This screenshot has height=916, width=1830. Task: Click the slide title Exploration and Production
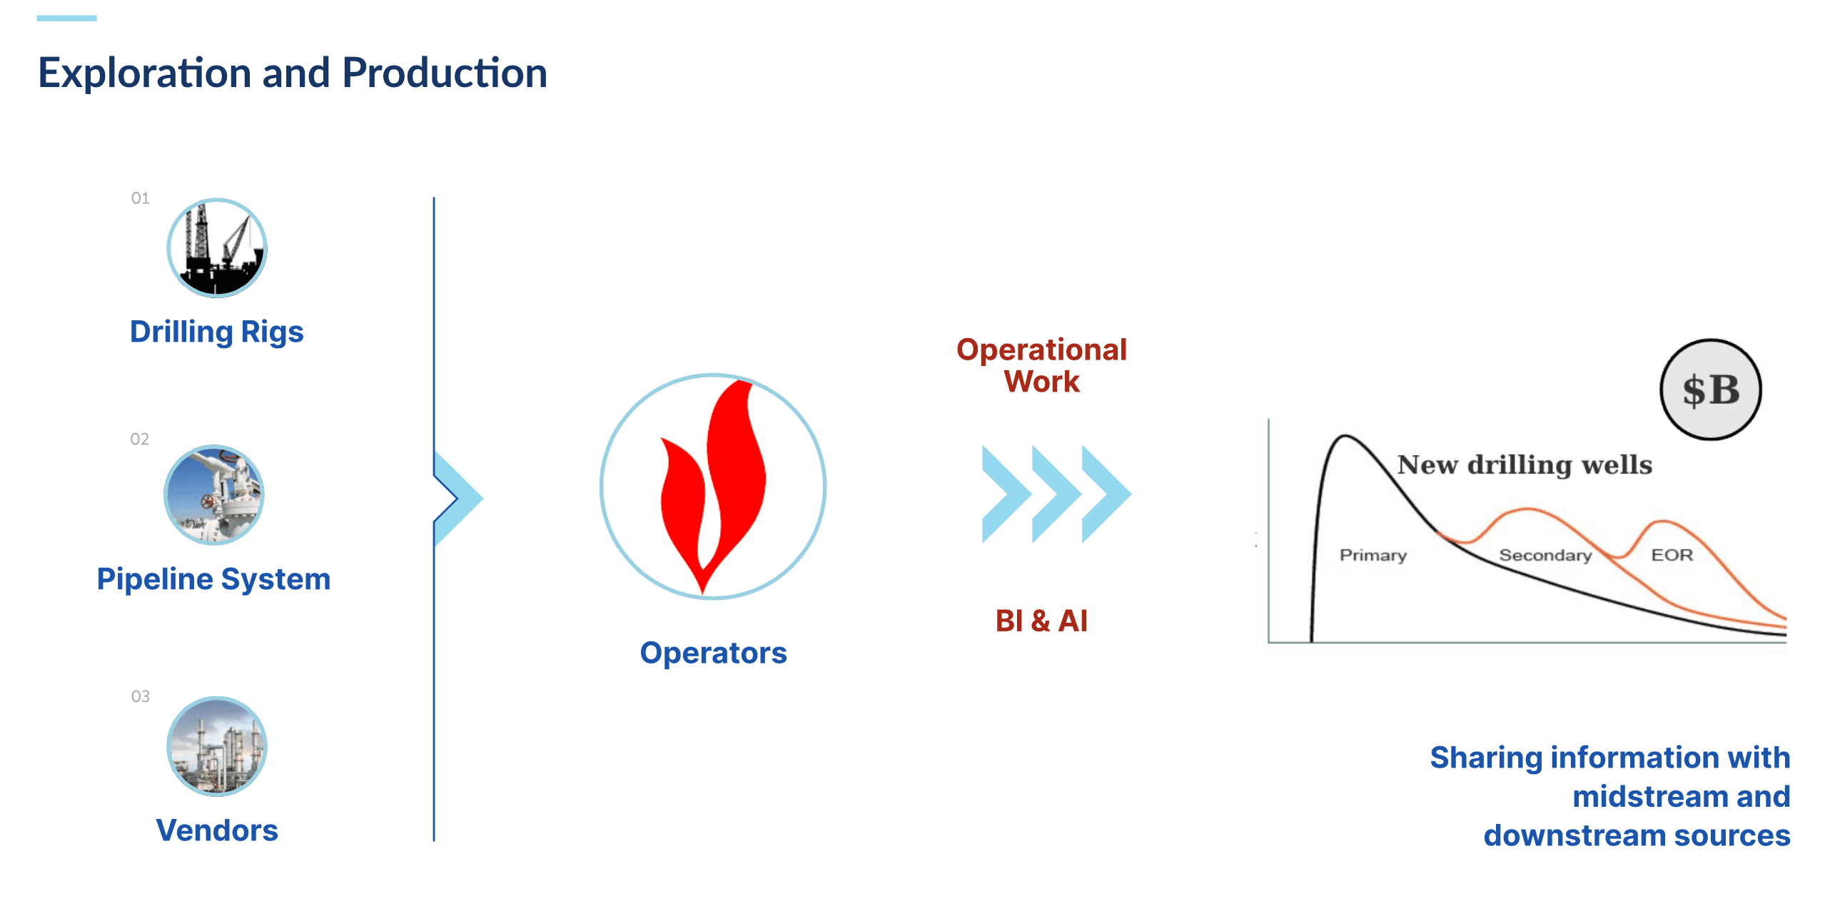click(293, 73)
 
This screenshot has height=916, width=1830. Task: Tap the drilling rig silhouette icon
click(217, 248)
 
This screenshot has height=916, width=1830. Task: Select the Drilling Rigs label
click(217, 332)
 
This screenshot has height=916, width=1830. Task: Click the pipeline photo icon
click(214, 495)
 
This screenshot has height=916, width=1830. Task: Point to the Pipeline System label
click(213, 579)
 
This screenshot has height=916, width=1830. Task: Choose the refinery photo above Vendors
click(217, 746)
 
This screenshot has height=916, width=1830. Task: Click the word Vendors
click(217, 830)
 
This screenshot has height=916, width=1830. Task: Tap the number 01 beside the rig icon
click(141, 198)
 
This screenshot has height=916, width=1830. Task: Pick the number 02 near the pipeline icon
click(140, 439)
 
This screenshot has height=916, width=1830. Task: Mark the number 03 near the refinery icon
click(141, 696)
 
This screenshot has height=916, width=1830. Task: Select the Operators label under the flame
click(714, 653)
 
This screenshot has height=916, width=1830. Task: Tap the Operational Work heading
click(1041, 365)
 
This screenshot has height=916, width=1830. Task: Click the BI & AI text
click(1041, 621)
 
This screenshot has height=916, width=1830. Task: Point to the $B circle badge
click(1711, 390)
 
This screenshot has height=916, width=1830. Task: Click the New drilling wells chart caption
click(1525, 464)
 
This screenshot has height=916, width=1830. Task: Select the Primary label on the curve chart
click(1373, 555)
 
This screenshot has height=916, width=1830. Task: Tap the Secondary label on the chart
click(1545, 555)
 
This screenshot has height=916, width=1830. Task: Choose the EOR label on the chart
click(1672, 555)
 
